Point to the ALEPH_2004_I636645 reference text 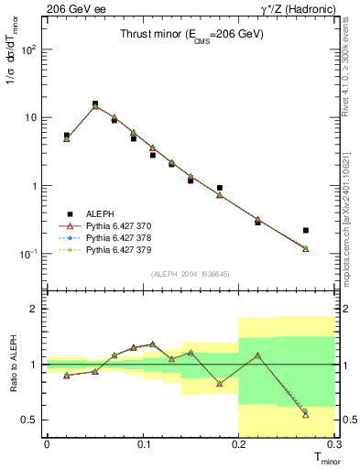click(x=191, y=274)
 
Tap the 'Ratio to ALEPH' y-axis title click(x=12, y=364)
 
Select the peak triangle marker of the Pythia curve click(x=95, y=106)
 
